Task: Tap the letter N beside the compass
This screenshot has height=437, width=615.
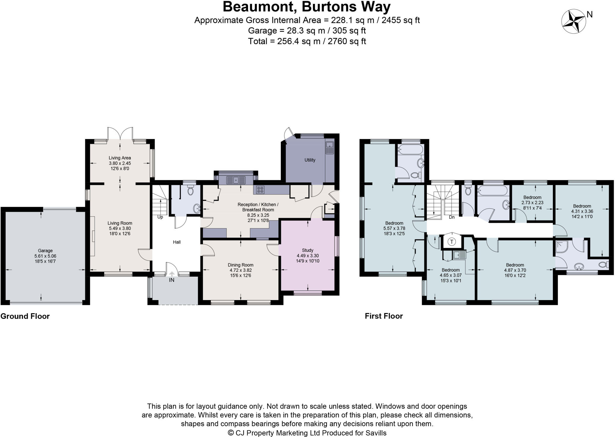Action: (589, 14)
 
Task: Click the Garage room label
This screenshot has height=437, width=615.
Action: (45, 250)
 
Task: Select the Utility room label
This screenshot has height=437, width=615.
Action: (310, 160)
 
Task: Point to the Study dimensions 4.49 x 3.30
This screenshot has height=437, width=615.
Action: (307, 256)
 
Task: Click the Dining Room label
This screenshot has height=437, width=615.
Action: (240, 265)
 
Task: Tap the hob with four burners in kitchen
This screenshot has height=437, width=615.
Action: (260, 190)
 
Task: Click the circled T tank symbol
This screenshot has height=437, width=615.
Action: (452, 241)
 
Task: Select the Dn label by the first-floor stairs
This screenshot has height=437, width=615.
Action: (452, 217)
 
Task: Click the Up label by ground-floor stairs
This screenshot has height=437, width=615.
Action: (160, 217)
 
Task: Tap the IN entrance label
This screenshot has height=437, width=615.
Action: (171, 280)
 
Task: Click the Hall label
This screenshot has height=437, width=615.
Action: (177, 242)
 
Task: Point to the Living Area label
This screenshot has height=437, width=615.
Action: (120, 158)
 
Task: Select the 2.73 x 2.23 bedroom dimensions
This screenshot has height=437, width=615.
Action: (532, 202)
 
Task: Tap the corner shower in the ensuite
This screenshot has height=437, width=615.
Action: (561, 246)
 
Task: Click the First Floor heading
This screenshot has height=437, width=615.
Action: (383, 316)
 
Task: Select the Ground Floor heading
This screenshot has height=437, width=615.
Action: (25, 316)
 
